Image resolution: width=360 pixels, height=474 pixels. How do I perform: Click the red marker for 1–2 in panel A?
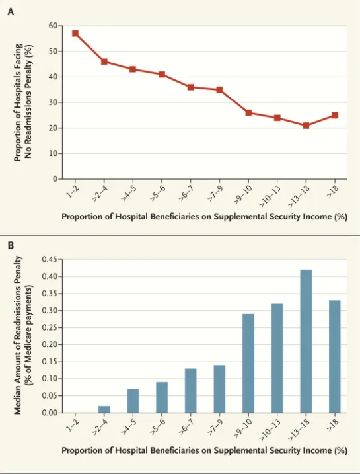click(75, 33)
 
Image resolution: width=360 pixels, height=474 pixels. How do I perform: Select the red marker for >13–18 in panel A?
click(306, 126)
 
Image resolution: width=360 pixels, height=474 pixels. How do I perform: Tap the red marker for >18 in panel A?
click(335, 115)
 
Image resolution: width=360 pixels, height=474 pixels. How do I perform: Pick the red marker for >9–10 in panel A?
click(248, 113)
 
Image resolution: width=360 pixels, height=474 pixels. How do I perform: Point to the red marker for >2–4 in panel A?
click(104, 61)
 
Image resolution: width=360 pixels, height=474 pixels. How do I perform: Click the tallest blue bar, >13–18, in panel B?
click(306, 341)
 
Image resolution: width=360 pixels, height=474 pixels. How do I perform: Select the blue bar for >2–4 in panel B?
click(104, 409)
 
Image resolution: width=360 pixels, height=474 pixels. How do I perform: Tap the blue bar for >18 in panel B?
click(335, 356)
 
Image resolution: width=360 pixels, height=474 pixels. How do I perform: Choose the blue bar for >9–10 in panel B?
click(248, 363)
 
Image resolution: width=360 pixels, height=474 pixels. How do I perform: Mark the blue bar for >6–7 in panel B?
click(191, 391)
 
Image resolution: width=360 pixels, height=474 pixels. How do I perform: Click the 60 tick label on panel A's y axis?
click(53, 26)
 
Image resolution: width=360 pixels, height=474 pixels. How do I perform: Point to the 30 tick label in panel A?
click(53, 102)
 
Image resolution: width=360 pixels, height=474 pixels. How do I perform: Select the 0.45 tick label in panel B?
click(50, 260)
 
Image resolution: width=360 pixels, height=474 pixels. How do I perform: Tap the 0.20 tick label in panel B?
click(50, 344)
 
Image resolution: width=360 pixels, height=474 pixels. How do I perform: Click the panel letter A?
click(11, 12)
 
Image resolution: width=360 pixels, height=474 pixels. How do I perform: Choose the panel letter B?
click(11, 245)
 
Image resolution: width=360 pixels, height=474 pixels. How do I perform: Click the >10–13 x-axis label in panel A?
click(270, 196)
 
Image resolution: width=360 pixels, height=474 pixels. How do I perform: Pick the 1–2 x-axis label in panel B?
click(73, 426)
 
